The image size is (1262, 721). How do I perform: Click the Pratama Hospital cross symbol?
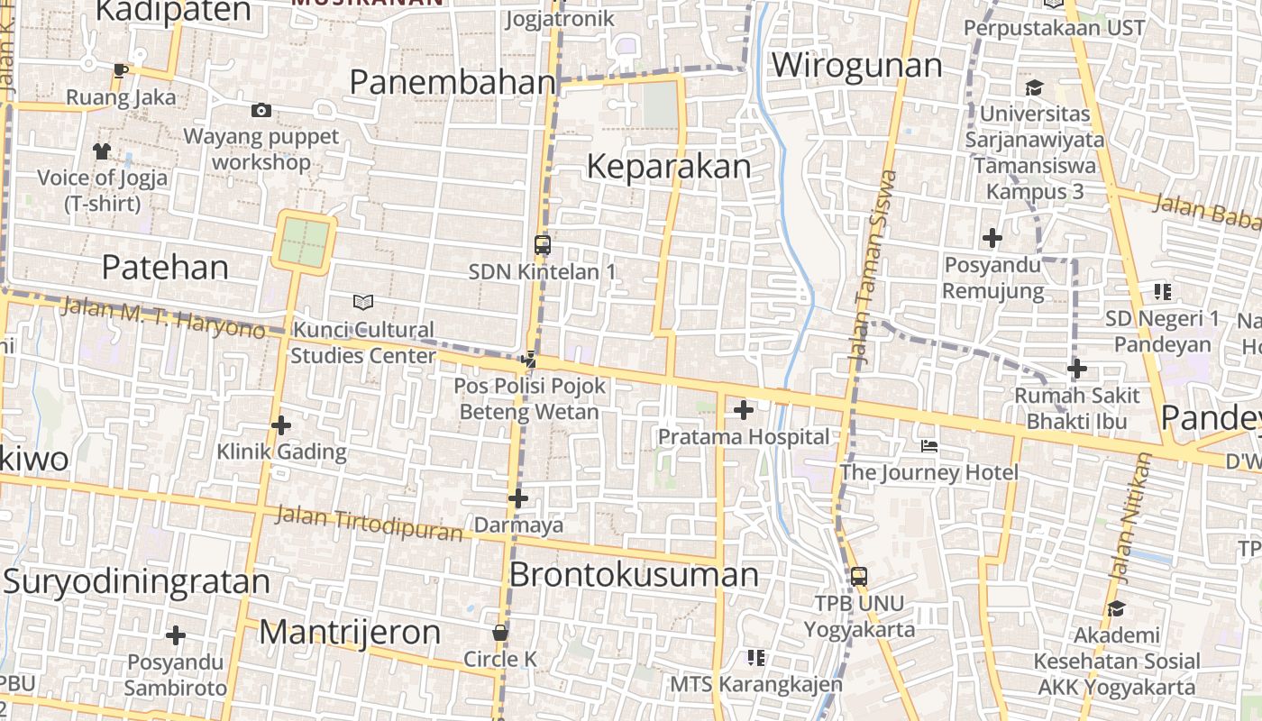point(743,411)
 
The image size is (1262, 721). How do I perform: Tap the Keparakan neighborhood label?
point(668,167)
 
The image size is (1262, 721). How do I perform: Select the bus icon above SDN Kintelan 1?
point(542,244)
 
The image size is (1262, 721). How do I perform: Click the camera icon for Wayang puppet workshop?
point(261,110)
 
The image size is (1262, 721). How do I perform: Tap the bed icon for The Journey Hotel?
point(929,446)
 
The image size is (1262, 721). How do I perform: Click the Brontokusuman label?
point(634,575)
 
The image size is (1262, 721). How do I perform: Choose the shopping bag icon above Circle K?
point(500,633)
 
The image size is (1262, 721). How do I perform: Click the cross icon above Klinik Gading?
point(281,424)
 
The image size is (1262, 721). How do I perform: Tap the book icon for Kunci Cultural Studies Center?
point(362,302)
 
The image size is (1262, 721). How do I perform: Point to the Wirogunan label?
point(856,66)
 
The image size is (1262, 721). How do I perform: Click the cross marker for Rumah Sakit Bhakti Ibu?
point(1076,369)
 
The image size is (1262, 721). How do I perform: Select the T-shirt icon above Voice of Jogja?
point(102,151)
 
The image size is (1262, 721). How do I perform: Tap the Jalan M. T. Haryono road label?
point(163,318)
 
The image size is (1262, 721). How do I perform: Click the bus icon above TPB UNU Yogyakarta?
point(858,576)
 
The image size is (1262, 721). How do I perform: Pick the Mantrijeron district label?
point(350,633)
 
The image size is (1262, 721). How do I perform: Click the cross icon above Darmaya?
point(517,497)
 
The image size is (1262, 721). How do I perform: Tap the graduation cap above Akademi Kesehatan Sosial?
point(1116,608)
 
